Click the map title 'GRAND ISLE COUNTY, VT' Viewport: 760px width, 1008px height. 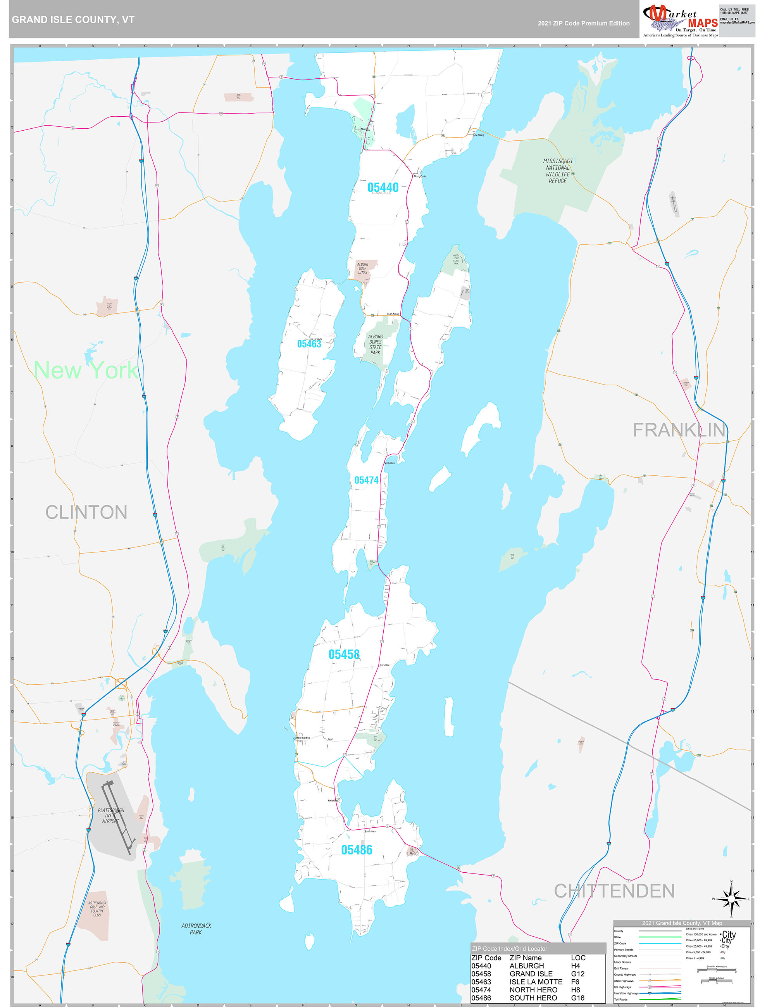click(73, 20)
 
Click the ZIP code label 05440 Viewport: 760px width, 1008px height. click(383, 187)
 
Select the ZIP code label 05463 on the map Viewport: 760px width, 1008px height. click(309, 344)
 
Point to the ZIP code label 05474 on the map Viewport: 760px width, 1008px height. click(366, 480)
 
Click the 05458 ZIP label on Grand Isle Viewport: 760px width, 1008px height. click(344, 654)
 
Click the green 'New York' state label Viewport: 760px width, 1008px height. click(86, 370)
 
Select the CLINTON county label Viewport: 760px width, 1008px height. click(86, 512)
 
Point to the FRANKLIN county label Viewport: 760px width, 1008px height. click(679, 430)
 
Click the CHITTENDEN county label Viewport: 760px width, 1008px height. click(614, 891)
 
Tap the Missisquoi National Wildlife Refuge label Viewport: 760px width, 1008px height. click(558, 171)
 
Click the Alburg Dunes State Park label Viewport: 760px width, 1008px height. click(375, 345)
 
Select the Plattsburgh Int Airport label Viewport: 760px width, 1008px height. click(111, 816)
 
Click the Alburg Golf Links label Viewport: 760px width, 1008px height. click(362, 268)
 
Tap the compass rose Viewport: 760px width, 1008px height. click(731, 899)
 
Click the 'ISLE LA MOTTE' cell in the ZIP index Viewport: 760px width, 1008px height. click(536, 982)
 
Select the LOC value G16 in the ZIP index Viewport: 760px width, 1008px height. click(577, 998)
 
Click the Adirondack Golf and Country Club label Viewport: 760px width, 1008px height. click(97, 909)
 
